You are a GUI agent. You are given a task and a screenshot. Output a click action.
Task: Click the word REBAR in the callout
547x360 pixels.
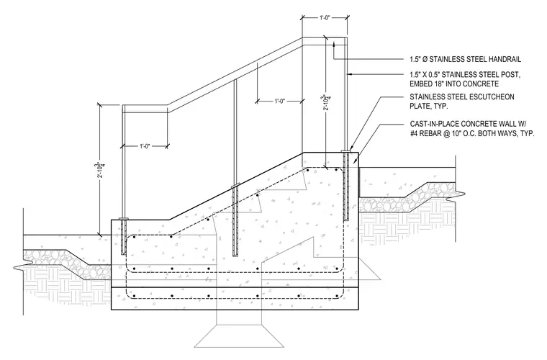[428, 133]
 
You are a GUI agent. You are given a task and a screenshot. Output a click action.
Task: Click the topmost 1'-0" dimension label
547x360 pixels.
[325, 17]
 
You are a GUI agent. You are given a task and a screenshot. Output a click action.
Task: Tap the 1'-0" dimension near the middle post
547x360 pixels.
[280, 102]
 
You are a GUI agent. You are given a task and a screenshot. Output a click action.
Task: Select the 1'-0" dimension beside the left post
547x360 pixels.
[145, 146]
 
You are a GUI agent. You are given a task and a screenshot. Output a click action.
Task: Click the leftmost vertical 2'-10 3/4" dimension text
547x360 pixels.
[101, 169]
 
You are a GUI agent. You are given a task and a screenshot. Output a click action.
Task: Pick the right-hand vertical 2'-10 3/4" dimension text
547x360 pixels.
[325, 102]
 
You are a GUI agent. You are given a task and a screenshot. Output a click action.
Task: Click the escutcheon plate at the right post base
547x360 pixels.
[345, 151]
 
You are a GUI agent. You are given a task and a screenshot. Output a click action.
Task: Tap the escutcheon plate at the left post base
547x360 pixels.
[123, 219]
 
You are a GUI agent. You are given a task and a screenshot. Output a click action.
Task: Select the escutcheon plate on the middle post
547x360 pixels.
[236, 185]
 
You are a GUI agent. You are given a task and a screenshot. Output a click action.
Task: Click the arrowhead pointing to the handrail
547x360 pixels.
[334, 44]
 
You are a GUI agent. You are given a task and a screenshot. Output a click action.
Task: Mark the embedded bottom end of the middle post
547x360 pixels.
[235, 256]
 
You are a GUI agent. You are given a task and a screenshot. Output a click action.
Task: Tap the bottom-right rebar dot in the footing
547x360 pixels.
[336, 296]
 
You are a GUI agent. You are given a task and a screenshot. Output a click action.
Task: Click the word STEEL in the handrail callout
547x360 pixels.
[471, 59]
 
